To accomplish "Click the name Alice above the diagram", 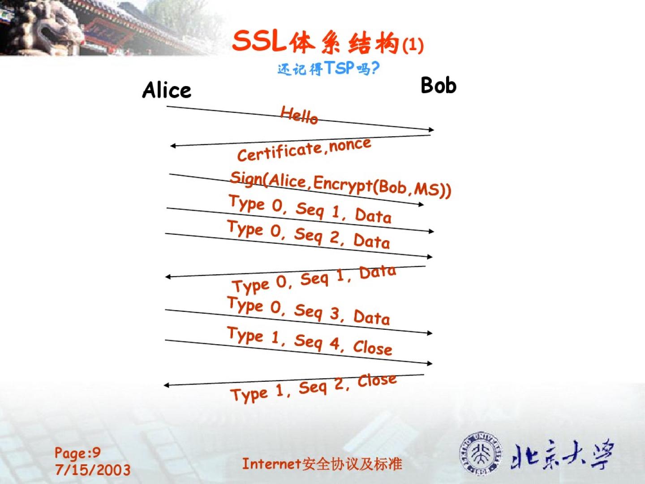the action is [167, 90].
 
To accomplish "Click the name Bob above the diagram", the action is [439, 85].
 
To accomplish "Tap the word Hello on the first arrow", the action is [299, 115].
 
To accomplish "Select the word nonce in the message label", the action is [350, 145].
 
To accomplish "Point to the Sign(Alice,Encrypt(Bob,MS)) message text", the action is [340, 185].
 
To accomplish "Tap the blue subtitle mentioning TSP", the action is [328, 69].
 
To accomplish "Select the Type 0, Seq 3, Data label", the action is [309, 311].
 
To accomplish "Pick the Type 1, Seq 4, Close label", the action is [310, 341].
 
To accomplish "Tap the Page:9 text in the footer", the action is [77, 453].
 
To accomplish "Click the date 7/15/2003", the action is [93, 470].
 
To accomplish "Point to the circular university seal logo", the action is [481, 453].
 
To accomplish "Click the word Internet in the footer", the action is [271, 464].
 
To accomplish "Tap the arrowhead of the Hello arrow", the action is [431, 130].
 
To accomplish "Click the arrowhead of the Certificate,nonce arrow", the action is [173, 146].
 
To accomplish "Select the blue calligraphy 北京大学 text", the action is [563, 454].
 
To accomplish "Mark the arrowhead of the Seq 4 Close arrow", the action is [430, 363].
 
